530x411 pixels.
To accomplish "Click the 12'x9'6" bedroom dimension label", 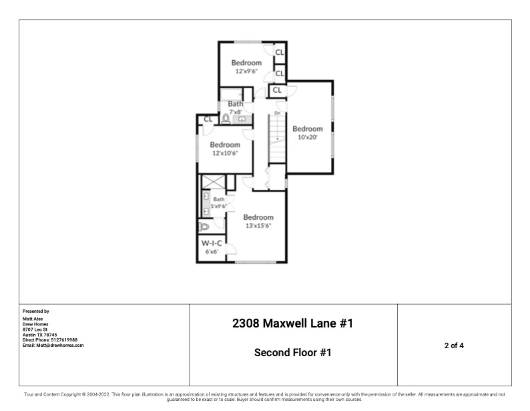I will tap(246, 70).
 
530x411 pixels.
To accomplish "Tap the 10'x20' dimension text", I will tap(307, 137).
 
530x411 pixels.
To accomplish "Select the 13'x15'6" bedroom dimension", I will tap(258, 225).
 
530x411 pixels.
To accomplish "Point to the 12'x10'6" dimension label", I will tap(225, 153).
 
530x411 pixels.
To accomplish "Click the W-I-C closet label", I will tap(212, 243).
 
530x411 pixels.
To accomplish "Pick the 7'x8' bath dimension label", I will tap(235, 112).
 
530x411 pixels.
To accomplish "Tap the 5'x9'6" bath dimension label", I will tap(220, 207).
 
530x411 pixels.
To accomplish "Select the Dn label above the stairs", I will tap(276, 113).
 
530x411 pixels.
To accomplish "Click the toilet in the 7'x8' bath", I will tap(226, 119).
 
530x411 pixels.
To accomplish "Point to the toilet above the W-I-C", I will tap(204, 227).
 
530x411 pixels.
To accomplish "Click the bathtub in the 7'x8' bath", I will tap(233, 94).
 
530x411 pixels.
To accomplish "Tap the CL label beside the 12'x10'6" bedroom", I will tap(208, 119).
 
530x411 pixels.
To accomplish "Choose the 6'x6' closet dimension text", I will tap(212, 252).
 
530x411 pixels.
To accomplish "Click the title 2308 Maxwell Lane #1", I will tap(292, 323).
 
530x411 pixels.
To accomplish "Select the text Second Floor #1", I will tap(292, 352).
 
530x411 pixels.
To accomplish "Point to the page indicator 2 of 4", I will tap(454, 346).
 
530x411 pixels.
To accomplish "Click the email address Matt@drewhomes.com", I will tap(53, 345).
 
